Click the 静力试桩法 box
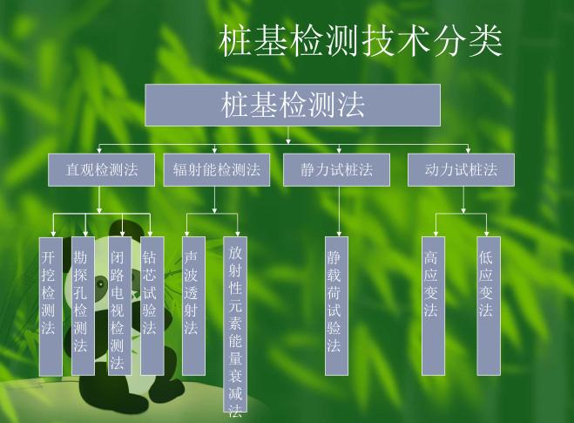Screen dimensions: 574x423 337,170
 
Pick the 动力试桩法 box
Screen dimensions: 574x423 461,170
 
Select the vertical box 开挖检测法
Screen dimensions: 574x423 51,305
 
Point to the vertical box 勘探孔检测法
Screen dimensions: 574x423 83,305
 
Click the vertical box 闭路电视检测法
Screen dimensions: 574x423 118,305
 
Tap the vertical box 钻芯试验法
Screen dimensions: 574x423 152,305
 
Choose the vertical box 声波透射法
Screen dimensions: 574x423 193,305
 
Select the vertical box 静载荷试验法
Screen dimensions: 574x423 336,305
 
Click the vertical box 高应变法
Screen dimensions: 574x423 433,305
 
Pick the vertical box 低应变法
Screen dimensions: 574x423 488,305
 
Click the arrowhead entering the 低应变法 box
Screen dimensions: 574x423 489,233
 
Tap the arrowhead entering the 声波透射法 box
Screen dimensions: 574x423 193,233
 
